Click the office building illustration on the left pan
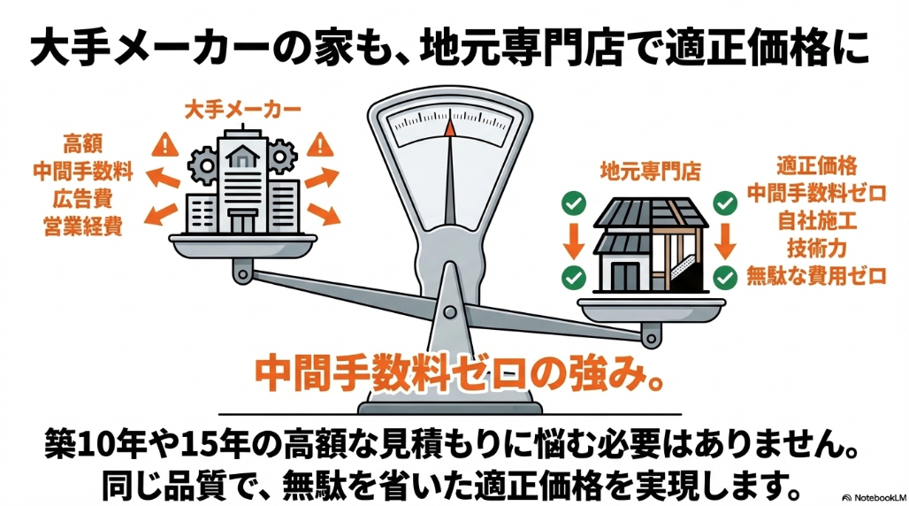[241, 186]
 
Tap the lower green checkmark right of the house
[725, 276]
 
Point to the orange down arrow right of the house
[725, 240]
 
